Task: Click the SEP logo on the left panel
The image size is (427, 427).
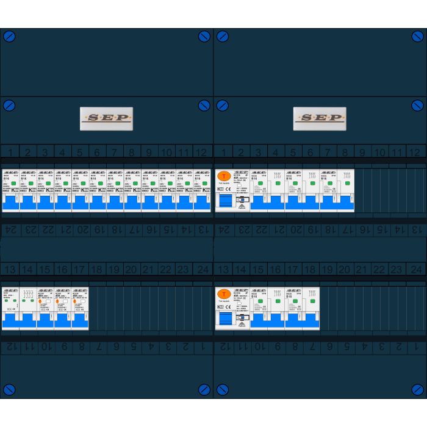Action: tap(106, 118)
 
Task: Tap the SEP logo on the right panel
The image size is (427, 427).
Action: tap(319, 118)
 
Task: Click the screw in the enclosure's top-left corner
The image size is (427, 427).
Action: tap(9, 36)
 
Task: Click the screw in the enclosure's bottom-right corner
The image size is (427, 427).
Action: tap(417, 389)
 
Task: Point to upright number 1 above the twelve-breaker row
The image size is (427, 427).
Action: tap(10, 152)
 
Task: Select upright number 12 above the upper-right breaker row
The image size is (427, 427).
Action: tap(414, 152)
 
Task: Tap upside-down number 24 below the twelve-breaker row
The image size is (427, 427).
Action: tap(10, 229)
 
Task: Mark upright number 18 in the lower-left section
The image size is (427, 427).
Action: tap(96, 269)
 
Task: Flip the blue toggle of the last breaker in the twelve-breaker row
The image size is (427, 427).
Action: tap(202, 204)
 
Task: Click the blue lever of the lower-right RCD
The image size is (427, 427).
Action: tap(225, 318)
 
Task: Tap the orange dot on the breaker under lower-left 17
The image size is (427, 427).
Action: tap(74, 301)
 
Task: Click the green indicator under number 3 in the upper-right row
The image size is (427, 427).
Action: tap(260, 183)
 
